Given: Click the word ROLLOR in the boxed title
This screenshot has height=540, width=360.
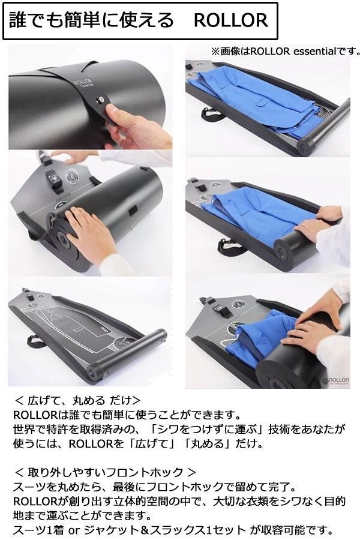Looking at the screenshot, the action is coord(231,20).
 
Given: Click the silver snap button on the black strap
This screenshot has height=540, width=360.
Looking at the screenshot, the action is coord(101,100).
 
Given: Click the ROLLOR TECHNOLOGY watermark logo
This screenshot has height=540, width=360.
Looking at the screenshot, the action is coord(336,380).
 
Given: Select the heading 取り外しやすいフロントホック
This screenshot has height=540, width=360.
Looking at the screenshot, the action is coord(105,472).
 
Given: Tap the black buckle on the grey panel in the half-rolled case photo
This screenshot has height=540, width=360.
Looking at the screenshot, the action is coord(52,178).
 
